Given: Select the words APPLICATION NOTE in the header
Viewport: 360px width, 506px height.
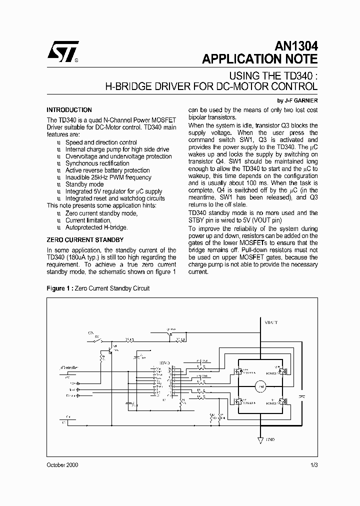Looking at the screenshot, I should point(259,59).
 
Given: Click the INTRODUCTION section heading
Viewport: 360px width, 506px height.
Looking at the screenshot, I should point(69,110).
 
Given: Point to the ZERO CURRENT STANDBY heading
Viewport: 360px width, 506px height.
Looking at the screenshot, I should point(85,240).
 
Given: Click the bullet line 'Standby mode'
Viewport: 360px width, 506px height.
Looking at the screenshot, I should point(84,184).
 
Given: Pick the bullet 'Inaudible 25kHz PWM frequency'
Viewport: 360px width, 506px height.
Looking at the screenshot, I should point(108,177).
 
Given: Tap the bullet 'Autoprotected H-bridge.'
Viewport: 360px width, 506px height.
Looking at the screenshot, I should point(96,227).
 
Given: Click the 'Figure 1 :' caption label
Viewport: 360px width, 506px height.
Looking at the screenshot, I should point(59,288).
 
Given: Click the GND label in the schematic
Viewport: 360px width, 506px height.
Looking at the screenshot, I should point(270,439).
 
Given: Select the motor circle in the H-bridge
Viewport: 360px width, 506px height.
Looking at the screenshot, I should point(259,385).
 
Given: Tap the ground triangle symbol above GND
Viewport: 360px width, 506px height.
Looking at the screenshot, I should point(260,440).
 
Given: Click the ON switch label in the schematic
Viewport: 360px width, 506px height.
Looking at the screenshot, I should point(91,332).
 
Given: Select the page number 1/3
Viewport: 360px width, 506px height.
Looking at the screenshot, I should point(313,465).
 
